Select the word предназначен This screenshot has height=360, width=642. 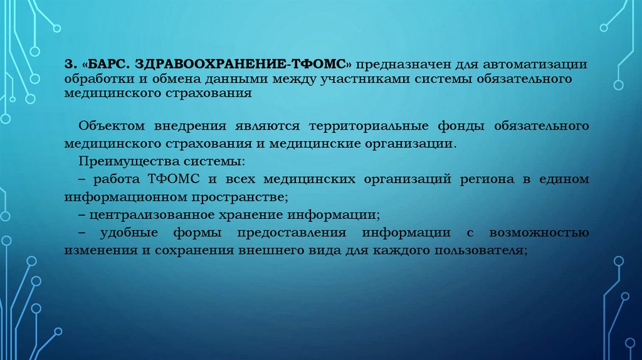pyautogui.click(x=402, y=65)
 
